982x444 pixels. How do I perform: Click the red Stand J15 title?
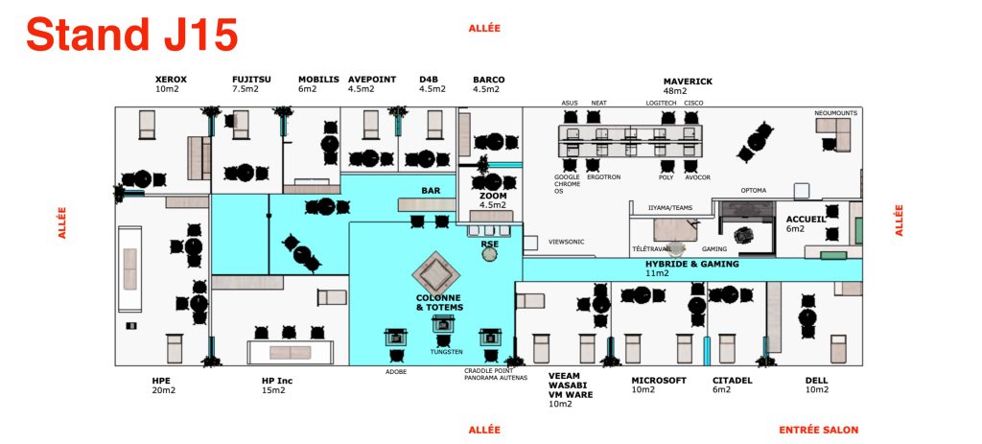click(131, 35)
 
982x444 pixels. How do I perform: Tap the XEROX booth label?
click(171, 80)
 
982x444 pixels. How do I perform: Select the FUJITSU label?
click(251, 80)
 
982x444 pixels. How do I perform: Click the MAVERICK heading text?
click(688, 82)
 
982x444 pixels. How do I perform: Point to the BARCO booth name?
click(488, 80)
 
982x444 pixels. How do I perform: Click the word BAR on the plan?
click(431, 191)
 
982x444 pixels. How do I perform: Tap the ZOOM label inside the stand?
click(493, 195)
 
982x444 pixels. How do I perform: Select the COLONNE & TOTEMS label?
click(439, 302)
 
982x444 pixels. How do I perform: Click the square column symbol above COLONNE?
click(437, 271)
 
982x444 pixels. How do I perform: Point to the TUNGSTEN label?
click(446, 352)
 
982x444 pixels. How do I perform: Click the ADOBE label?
click(395, 371)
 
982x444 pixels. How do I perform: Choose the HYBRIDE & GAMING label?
click(691, 263)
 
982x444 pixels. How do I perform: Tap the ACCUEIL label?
click(806, 219)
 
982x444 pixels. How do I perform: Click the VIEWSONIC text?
click(566, 242)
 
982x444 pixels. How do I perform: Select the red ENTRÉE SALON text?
click(818, 430)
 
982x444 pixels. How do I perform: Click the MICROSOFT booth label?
click(659, 381)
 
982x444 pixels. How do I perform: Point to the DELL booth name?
click(816, 381)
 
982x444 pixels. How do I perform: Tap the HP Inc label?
click(276, 381)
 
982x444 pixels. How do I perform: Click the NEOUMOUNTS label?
click(835, 112)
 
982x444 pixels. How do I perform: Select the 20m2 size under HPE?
click(163, 390)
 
